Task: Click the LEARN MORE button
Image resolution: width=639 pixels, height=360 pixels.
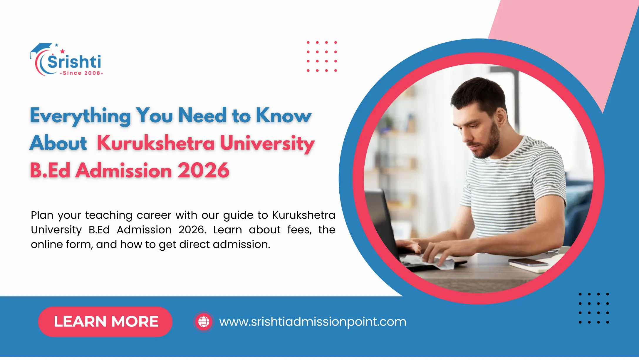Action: coord(105,322)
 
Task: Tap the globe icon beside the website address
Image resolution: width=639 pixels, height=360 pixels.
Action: coord(204,322)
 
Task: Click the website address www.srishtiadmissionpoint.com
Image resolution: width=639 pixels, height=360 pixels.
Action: coord(313,322)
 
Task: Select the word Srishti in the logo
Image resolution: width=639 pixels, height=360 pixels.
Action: coord(74,61)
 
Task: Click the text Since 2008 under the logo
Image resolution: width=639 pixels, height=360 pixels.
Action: coord(81,73)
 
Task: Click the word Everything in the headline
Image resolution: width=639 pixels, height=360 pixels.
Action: coord(80,116)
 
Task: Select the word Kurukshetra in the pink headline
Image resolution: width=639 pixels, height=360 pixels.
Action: coord(156,143)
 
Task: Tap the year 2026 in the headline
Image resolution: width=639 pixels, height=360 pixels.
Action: coord(203,170)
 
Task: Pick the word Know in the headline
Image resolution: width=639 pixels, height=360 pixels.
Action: coord(284,115)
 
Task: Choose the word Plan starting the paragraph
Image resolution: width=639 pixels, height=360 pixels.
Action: coord(42,215)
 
